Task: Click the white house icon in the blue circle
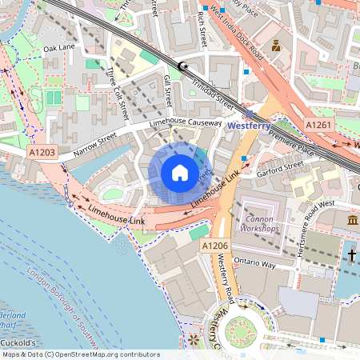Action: tap(179, 173)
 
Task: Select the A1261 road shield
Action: tap(319, 126)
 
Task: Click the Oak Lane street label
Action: tap(59, 48)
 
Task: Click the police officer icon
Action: tap(276, 46)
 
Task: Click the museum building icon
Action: tap(353, 220)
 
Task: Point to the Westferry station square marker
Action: tap(248, 114)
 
